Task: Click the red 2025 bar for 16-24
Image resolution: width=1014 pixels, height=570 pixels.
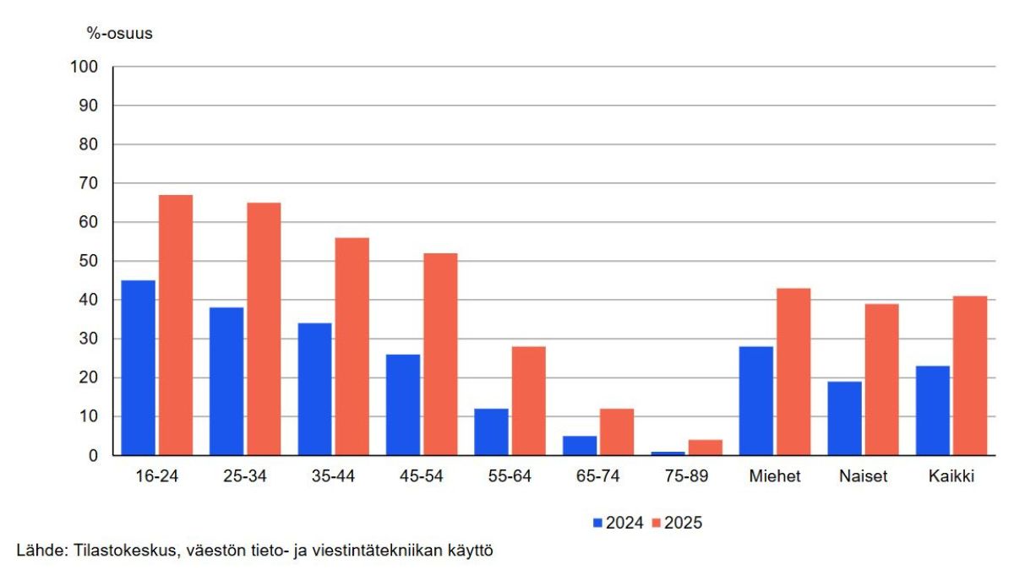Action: (x=176, y=325)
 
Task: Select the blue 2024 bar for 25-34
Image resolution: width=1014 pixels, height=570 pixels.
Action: (x=226, y=381)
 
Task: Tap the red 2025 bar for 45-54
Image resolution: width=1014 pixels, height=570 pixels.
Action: (x=440, y=354)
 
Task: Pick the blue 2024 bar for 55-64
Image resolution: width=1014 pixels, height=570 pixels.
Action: (x=491, y=432)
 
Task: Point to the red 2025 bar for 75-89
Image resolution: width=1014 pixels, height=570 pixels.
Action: (x=705, y=448)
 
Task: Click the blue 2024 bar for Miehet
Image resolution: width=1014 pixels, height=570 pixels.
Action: (x=755, y=400)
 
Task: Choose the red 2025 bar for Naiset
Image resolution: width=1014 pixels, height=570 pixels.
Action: (x=881, y=379)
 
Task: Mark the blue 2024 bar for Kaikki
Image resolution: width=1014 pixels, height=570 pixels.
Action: (x=932, y=410)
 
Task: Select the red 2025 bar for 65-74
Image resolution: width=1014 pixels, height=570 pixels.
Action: (x=617, y=432)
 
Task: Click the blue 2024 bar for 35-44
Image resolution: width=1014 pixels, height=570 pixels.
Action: (x=314, y=388)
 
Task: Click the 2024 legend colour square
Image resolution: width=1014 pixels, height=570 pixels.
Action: (x=598, y=523)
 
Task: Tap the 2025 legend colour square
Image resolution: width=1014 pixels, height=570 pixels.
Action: (x=657, y=523)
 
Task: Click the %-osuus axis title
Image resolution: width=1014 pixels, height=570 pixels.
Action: (x=119, y=34)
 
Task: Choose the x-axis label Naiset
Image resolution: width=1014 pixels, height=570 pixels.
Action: (x=863, y=476)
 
